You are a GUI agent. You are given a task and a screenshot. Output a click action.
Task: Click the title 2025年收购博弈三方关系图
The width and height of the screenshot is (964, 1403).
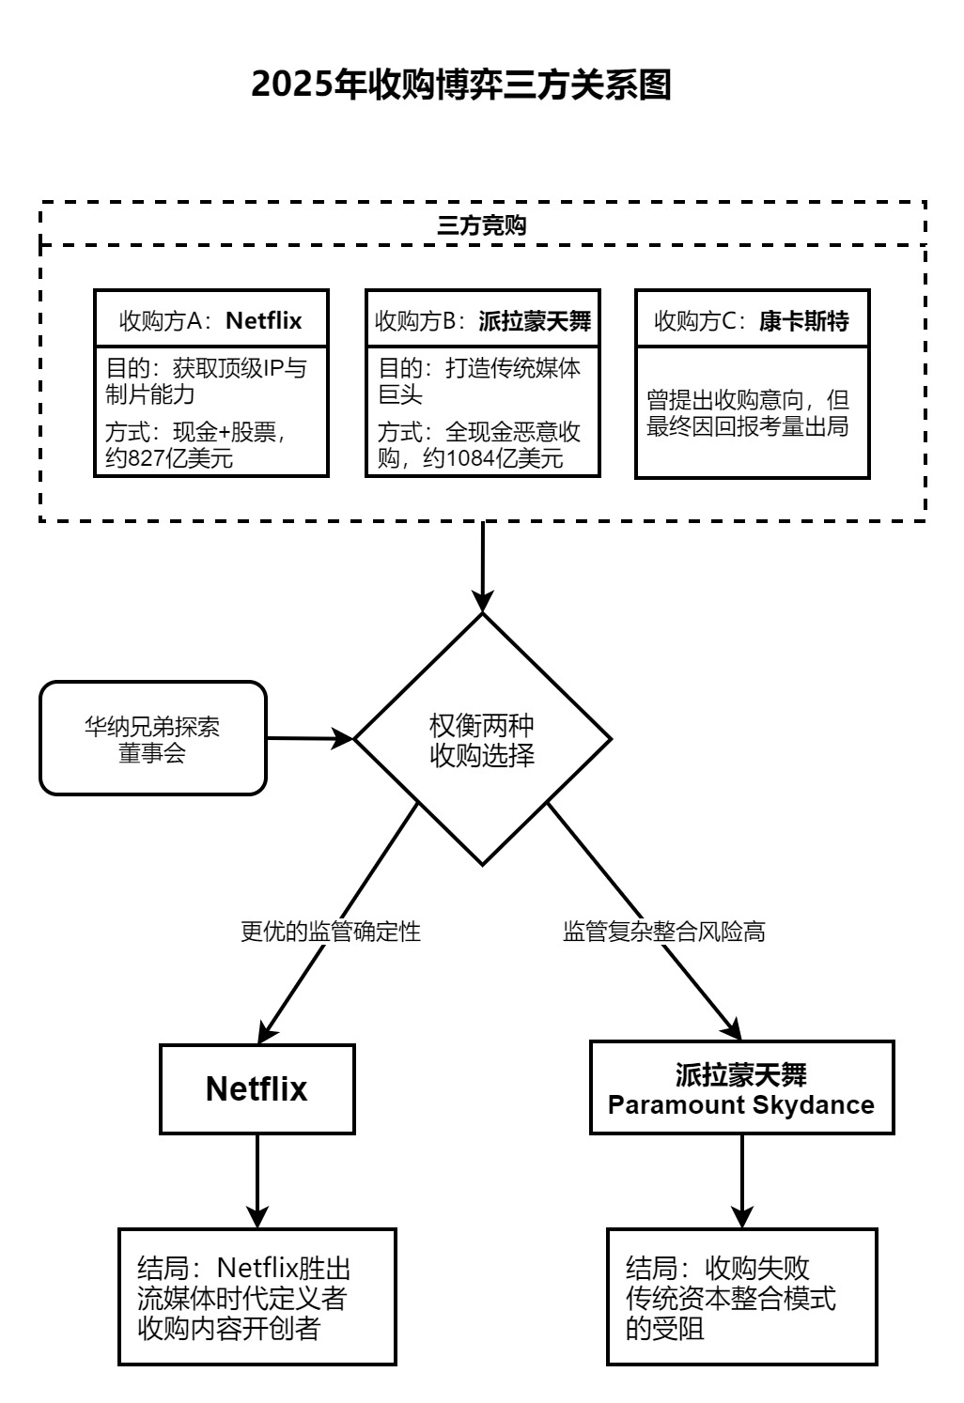[461, 85]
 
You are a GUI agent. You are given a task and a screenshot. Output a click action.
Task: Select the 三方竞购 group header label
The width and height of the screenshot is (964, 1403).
[482, 225]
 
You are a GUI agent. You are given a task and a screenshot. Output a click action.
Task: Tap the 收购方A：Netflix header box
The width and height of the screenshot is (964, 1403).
[211, 320]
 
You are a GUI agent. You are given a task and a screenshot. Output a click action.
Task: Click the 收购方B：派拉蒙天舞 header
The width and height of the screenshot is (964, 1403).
[482, 320]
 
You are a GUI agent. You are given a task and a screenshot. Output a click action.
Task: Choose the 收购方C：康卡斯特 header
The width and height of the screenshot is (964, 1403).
[752, 320]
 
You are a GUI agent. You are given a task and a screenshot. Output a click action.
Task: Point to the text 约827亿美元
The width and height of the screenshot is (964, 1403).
[169, 458]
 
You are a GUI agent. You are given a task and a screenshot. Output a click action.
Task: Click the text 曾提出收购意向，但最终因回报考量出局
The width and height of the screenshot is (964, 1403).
[748, 413]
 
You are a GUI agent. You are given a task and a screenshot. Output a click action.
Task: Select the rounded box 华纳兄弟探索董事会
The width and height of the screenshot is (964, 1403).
[153, 738]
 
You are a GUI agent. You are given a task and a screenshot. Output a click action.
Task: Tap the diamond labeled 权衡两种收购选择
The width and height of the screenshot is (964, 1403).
[482, 740]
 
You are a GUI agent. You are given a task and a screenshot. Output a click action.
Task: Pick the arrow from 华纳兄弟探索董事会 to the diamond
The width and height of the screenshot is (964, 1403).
[310, 738]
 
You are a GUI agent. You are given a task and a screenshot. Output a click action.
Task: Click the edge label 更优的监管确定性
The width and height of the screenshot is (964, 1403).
[331, 932]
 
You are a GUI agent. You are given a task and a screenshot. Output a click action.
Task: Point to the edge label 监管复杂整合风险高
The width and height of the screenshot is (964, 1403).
[664, 932]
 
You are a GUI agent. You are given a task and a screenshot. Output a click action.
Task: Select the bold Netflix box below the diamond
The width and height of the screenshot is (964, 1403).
[257, 1088]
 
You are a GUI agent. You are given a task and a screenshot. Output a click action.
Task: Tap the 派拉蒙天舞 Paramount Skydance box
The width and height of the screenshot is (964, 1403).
[741, 1088]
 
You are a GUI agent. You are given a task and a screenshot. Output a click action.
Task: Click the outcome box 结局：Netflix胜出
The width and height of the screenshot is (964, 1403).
[257, 1297]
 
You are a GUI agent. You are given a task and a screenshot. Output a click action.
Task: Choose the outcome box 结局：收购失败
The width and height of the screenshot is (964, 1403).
[741, 1297]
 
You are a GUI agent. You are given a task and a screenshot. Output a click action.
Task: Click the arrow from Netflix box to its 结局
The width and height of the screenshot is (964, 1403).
[257, 1180]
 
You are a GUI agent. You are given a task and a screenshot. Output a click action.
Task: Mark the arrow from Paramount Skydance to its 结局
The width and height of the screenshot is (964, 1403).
[742, 1180]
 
